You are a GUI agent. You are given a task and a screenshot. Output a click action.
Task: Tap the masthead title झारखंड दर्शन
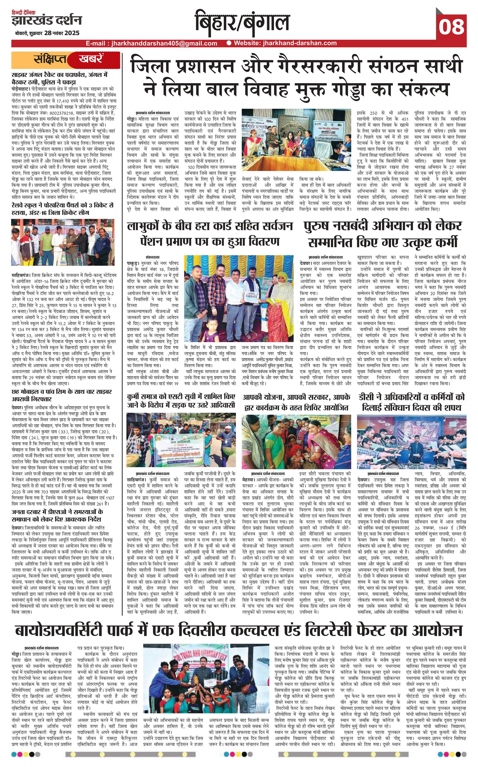(x=47, y=21)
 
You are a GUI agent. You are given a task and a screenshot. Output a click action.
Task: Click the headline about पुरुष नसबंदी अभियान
(x=382, y=234)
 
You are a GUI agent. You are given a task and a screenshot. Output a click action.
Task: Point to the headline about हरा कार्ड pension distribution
(x=210, y=234)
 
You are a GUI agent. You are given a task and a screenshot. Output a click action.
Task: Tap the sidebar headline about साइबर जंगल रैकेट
(x=60, y=79)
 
